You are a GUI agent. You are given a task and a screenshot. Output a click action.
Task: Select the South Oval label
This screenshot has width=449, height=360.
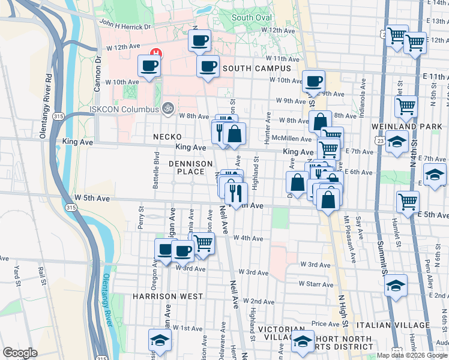pyautogui.click(x=251, y=17)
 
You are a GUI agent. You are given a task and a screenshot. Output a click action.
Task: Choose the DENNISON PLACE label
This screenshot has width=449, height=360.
pyautogui.click(x=191, y=167)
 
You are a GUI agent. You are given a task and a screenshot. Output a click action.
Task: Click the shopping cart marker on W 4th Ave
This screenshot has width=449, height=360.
pyautogui.click(x=203, y=244)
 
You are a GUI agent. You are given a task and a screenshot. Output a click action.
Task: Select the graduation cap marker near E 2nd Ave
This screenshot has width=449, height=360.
pyautogui.click(x=396, y=286)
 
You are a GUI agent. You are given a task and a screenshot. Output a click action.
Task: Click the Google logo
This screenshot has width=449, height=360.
pyautogui.click(x=20, y=353)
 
